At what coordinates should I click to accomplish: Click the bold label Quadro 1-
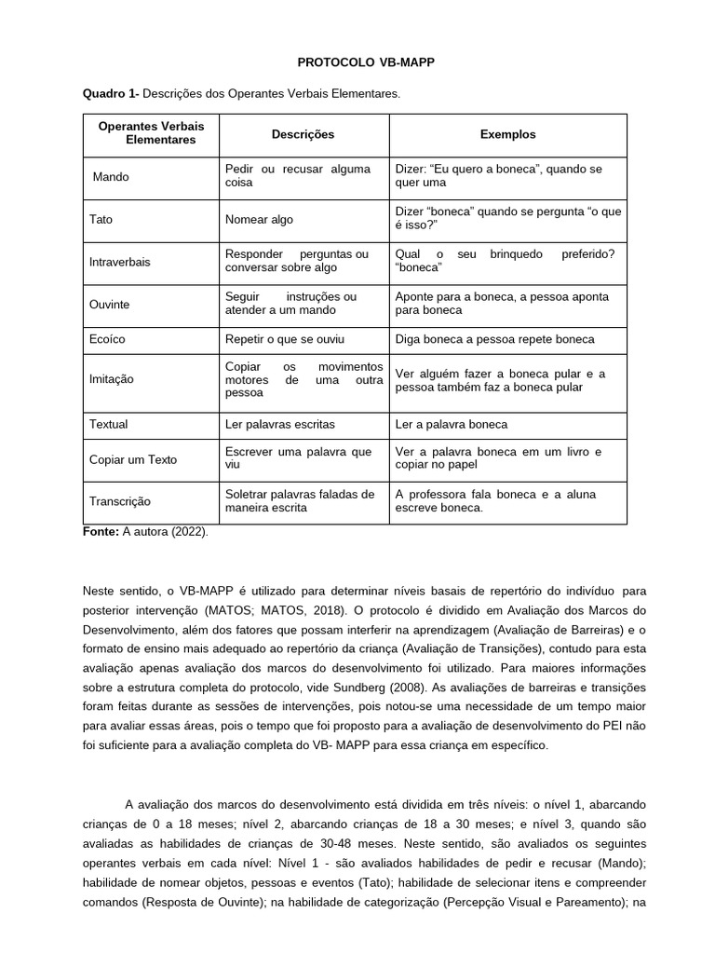click(110, 94)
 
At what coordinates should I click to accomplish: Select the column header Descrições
click(303, 134)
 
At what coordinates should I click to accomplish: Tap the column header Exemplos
click(507, 134)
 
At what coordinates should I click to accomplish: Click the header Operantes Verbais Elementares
click(151, 133)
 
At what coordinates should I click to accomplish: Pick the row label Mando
click(112, 176)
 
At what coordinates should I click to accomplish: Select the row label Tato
click(101, 219)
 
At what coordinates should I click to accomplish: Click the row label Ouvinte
click(109, 305)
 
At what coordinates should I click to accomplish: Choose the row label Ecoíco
click(107, 339)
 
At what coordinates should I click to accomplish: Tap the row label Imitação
click(112, 379)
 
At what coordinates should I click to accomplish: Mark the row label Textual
click(108, 424)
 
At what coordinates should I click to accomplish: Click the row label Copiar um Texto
click(132, 459)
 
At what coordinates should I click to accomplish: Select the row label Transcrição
click(120, 501)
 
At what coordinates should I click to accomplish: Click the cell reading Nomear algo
click(259, 219)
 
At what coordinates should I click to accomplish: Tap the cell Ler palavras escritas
click(279, 424)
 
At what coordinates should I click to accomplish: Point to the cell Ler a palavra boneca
click(452, 424)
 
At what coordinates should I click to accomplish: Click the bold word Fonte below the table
click(100, 532)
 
